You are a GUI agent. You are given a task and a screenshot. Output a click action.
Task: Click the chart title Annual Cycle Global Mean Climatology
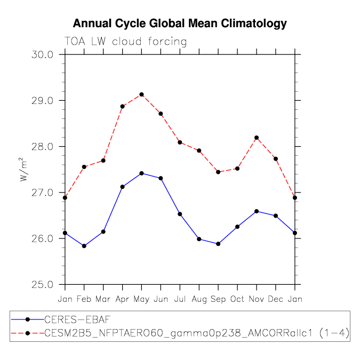180,24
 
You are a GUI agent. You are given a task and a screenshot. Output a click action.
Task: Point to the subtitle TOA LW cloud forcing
125,42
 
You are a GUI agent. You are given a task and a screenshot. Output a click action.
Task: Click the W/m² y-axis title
23,170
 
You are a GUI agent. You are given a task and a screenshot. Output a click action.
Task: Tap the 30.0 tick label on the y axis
42,55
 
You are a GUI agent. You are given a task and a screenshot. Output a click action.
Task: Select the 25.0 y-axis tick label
42,285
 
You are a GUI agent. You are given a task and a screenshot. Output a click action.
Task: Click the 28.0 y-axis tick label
42,147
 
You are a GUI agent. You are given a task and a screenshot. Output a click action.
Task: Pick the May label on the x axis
141,300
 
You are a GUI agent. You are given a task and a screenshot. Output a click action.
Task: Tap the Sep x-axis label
218,300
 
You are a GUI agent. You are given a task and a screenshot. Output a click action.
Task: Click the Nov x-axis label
257,299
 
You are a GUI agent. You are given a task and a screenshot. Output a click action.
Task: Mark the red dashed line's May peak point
142,94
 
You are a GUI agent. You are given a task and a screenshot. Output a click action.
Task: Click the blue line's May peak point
142,173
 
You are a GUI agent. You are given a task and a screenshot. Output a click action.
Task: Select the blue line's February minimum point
84,246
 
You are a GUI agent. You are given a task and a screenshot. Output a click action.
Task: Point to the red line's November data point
257,138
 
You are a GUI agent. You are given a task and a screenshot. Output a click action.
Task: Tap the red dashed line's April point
122,107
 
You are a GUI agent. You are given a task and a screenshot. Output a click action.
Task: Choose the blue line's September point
218,244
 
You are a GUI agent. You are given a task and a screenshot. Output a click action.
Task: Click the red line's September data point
218,172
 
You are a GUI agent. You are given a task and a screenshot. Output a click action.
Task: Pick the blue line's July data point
180,214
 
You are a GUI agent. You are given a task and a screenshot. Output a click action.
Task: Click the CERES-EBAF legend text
77,319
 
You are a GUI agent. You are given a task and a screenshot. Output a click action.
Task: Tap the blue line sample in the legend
28,319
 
